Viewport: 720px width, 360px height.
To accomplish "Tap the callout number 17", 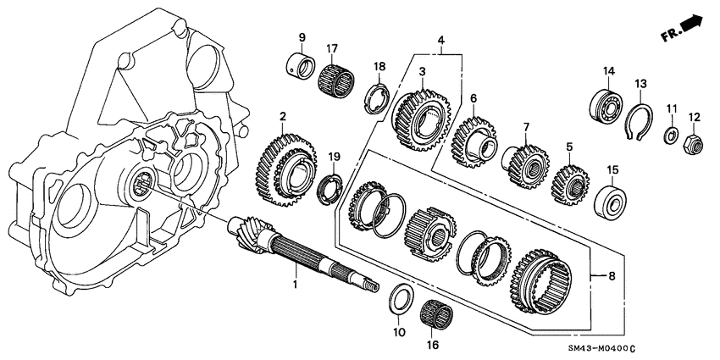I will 333,47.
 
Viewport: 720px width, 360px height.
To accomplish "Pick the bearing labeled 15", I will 610,202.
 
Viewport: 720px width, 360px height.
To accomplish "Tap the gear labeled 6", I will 472,140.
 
